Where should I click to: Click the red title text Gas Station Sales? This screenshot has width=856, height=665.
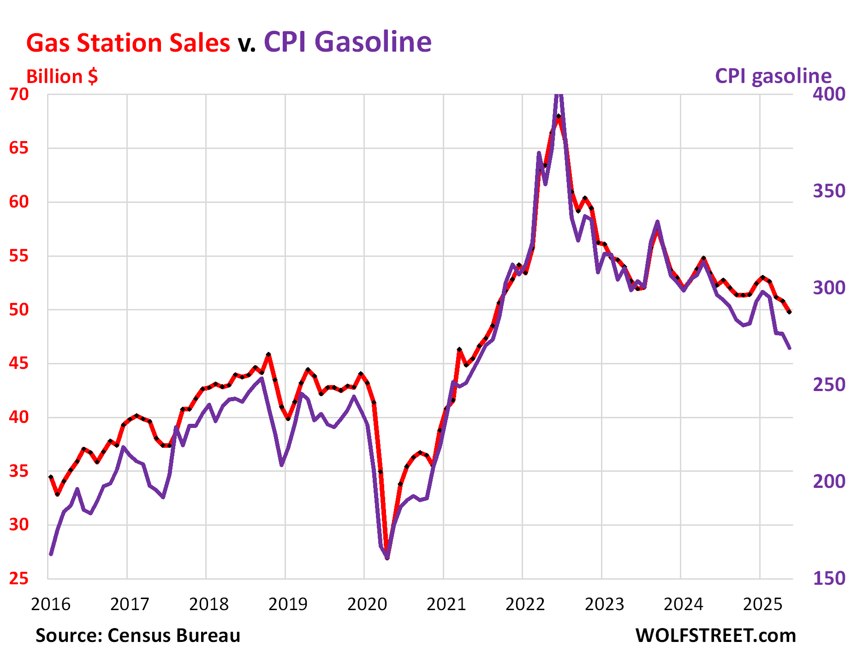point(128,43)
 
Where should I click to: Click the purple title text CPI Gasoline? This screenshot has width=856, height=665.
point(348,42)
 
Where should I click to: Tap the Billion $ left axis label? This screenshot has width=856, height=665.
point(62,77)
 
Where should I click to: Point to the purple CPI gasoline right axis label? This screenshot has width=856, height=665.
point(773,76)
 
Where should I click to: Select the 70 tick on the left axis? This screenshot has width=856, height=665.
point(19,94)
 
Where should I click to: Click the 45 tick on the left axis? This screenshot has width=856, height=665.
point(19,363)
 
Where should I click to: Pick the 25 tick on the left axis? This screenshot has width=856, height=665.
point(19,578)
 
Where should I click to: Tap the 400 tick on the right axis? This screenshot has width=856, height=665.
point(829,94)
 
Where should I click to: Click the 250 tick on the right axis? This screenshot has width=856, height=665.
point(829,385)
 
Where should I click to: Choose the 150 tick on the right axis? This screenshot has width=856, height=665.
point(829,578)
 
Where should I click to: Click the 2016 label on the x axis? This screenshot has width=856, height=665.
point(51,604)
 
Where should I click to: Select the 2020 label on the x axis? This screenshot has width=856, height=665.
point(367,604)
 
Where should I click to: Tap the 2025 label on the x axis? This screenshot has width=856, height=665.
point(763,604)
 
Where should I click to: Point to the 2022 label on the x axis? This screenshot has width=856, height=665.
point(525,604)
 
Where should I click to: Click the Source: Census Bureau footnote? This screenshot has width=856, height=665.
point(138,635)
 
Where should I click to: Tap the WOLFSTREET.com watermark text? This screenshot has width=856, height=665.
point(715,635)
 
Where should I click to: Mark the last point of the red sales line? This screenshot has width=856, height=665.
point(790,312)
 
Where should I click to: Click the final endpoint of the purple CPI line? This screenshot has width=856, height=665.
point(790,348)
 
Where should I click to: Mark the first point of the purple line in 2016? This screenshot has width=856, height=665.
point(51,554)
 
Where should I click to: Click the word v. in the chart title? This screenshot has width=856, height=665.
point(247,44)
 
